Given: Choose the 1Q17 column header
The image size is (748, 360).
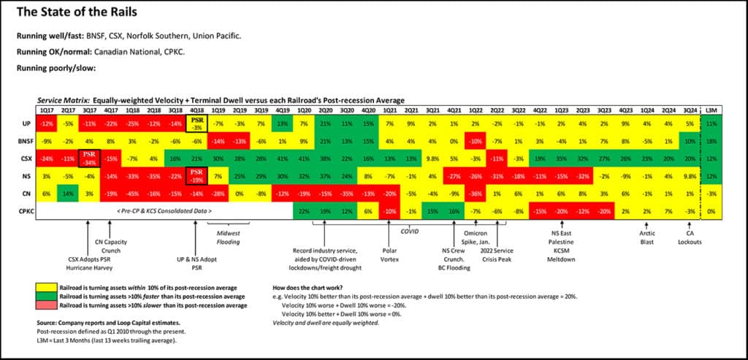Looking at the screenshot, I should pos(47,110).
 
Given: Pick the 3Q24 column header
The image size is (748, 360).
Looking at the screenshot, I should pos(689,110).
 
